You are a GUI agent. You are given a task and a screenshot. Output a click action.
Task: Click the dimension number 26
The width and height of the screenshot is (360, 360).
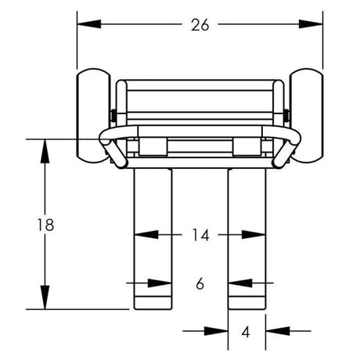pos(200,25)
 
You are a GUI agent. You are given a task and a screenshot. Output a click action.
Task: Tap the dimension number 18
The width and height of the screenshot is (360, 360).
pos(45,225)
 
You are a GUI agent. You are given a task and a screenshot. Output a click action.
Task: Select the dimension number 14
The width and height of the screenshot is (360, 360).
pos(200,235)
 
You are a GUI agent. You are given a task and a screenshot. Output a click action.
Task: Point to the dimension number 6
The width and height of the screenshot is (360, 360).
pos(200,283)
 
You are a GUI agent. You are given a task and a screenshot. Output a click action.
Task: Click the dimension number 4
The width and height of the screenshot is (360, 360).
pos(246,332)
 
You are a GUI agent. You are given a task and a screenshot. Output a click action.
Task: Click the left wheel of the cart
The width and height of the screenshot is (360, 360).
pos(93,116)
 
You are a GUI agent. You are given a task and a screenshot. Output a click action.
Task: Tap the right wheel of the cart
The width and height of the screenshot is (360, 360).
pos(307,116)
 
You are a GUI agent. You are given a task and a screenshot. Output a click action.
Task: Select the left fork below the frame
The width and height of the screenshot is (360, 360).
pos(153,239)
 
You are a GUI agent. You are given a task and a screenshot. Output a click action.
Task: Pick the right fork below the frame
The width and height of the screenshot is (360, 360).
pos(247,239)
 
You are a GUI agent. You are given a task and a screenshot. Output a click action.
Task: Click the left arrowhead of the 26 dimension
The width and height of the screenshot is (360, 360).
pos(89,24)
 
